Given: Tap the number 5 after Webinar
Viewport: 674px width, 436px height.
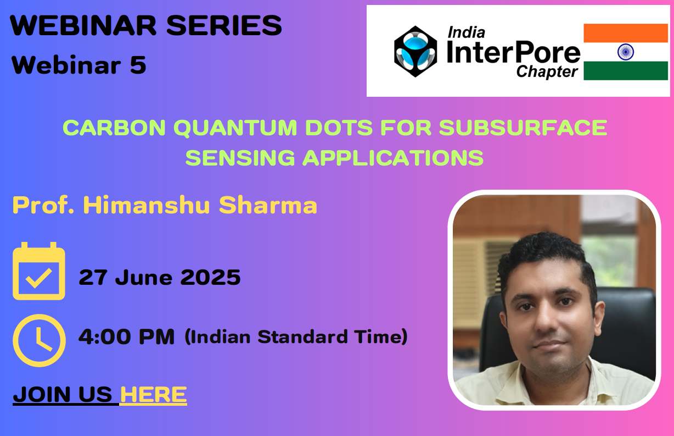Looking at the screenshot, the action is click(138, 65).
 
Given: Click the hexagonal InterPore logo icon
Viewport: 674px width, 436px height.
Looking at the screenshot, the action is click(415, 52).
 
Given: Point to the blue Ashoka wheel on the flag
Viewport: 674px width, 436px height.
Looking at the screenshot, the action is click(626, 52).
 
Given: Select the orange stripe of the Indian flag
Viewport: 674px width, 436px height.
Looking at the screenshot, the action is click(626, 33).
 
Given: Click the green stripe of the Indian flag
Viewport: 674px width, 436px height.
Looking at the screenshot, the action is click(626, 71).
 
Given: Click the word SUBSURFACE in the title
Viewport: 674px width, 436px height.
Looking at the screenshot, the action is click(523, 128).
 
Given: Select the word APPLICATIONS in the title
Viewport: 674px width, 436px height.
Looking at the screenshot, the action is click(392, 158).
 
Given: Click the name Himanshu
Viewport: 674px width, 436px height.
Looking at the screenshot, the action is click(147, 205).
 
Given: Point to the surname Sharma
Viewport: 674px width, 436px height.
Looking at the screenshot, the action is click(268, 205).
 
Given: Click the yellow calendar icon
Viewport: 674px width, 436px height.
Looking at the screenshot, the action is click(39, 271).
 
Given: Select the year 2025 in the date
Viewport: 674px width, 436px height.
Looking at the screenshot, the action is click(210, 277).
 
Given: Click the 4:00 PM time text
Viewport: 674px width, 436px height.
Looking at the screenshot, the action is click(126, 336).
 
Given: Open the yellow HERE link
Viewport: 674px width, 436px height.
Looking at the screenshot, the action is click(154, 394).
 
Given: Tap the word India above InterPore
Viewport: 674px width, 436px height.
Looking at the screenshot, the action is click(466, 32).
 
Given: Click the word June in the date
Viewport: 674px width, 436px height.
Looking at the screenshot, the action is click(143, 277).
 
